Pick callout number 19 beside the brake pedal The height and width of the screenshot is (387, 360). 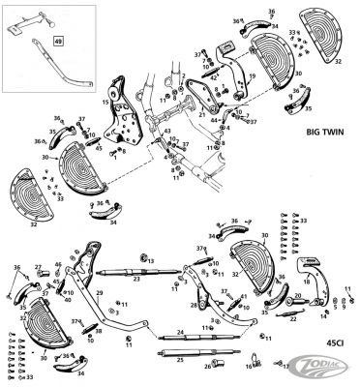[252, 73]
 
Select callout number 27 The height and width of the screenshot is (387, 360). [39, 268]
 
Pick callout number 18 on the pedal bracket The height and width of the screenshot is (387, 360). [307, 283]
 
